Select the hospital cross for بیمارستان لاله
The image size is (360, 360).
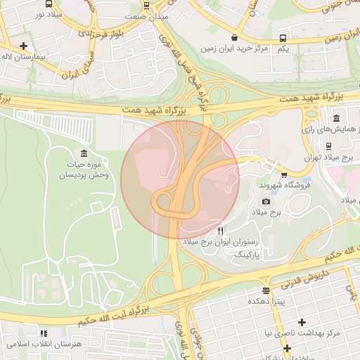[25, 45]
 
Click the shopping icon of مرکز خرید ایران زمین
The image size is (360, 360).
[234, 37]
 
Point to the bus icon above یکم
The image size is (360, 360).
[283, 37]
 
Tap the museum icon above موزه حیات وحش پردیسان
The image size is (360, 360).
[84, 153]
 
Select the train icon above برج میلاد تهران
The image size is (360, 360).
[329, 146]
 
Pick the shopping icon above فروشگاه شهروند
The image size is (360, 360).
[284, 174]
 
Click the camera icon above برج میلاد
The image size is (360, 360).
[266, 201]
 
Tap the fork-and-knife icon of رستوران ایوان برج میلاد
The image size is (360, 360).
[221, 231]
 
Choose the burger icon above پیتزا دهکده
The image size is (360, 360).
[265, 290]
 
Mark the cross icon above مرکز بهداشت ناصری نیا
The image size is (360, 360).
[302, 321]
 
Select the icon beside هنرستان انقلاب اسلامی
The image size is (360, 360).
[44, 333]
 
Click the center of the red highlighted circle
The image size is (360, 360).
[180, 179]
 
